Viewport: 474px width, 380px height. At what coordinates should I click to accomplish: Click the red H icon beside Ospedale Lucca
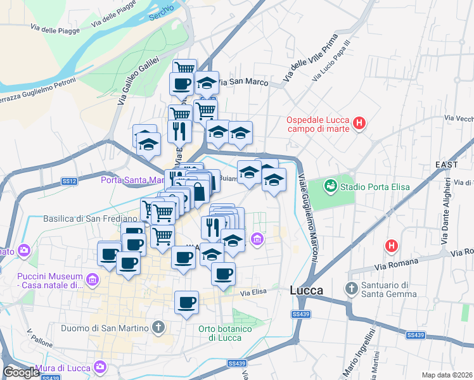[x=360, y=123]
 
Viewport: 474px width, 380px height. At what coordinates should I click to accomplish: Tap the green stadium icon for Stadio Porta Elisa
[x=330, y=186]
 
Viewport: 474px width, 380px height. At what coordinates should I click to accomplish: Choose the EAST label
[x=447, y=165]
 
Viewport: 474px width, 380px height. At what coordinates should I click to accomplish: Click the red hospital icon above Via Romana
[x=392, y=245]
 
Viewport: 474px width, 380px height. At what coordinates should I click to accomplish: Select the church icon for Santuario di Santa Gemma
[x=352, y=289]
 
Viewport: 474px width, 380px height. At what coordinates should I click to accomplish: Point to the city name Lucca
[x=306, y=290]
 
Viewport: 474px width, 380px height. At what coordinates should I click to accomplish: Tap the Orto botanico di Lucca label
[x=225, y=333]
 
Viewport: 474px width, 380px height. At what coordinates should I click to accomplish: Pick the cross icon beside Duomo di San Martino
[x=158, y=328]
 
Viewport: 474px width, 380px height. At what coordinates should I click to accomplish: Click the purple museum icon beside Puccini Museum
[x=93, y=279]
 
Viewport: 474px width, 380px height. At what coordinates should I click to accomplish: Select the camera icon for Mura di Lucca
[x=100, y=366]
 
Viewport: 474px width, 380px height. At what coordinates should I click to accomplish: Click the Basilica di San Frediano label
[x=90, y=219]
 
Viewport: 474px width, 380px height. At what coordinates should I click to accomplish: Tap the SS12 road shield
[x=69, y=182]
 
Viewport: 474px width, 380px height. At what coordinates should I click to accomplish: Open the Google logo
[x=21, y=372]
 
